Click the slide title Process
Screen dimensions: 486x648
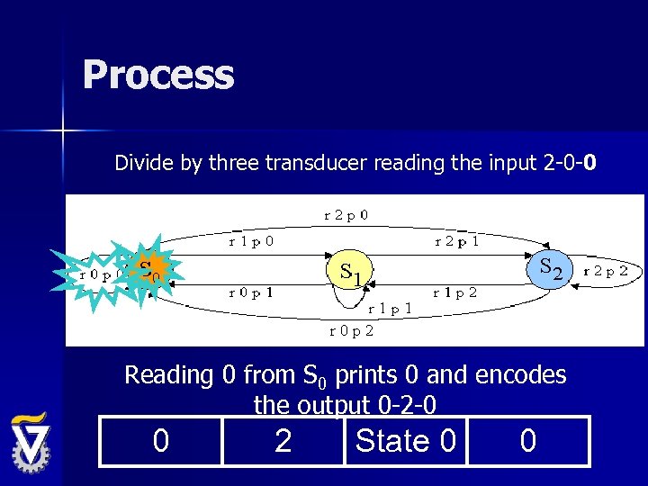(158, 75)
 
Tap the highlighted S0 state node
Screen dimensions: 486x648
(147, 270)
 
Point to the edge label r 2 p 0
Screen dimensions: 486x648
(352, 216)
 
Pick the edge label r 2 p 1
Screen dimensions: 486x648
(455, 241)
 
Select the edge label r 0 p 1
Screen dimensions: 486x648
(251, 292)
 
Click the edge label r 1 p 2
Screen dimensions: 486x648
(455, 292)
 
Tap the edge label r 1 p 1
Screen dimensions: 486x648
(391, 308)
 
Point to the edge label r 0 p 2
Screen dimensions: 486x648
(352, 330)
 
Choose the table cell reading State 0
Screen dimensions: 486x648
(405, 441)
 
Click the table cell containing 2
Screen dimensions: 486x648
(283, 441)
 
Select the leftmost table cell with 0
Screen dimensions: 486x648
(160, 441)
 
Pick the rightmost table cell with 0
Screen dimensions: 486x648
(528, 441)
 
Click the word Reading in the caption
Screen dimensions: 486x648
(167, 374)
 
